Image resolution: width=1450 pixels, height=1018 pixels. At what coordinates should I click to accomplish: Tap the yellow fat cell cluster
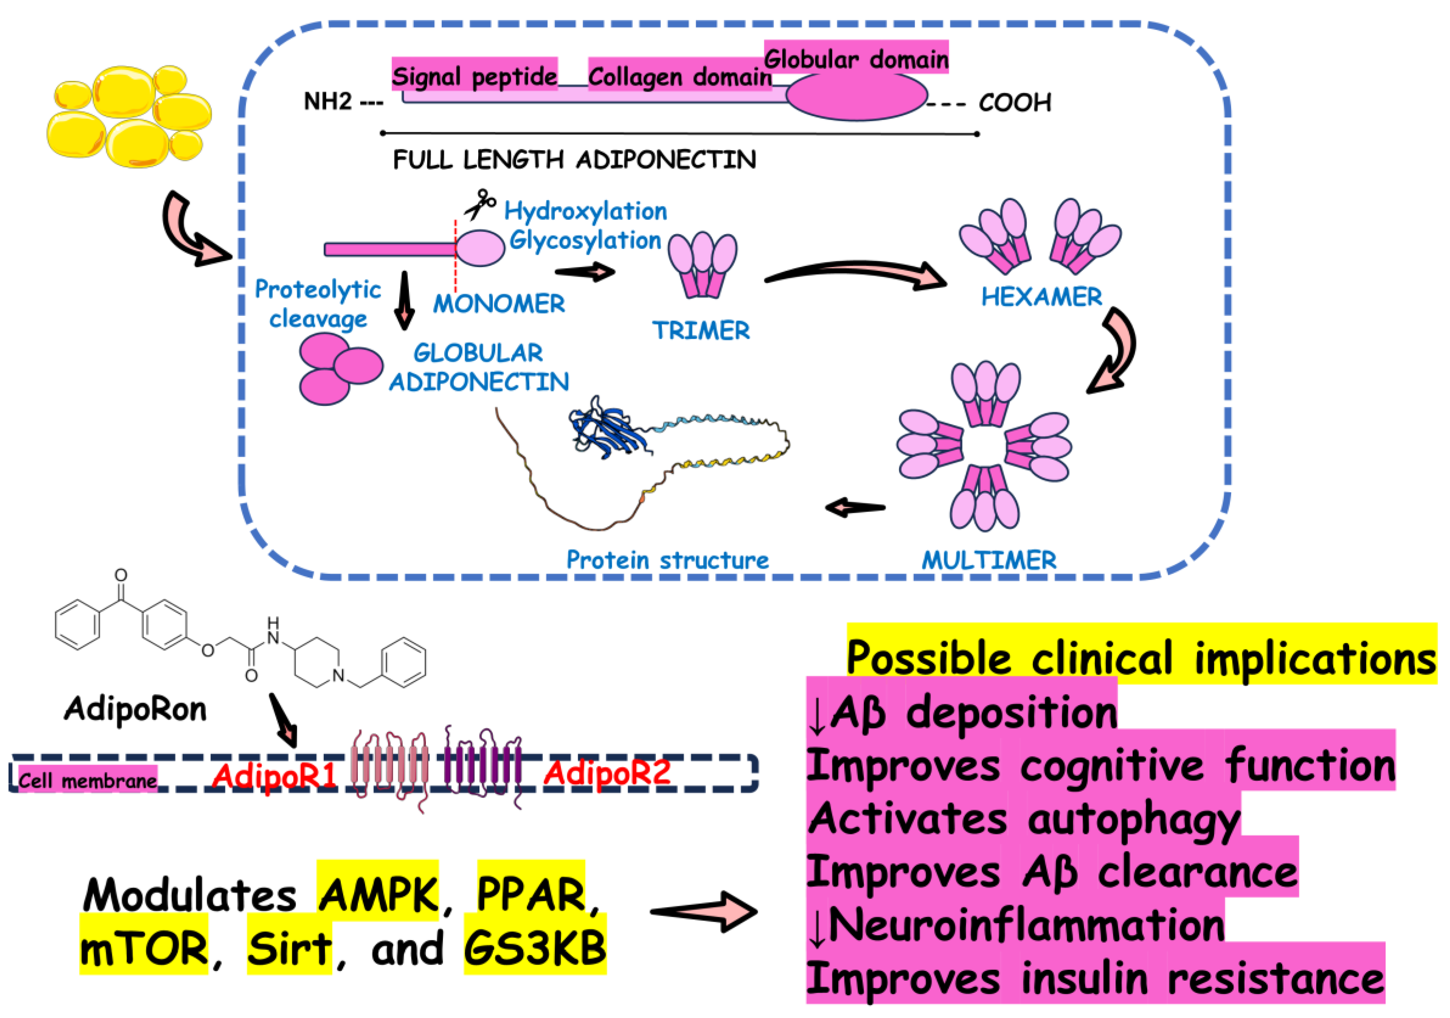(129, 116)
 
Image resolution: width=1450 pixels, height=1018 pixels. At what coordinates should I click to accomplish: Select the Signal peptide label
(474, 76)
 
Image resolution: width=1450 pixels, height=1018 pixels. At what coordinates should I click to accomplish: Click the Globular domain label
(856, 59)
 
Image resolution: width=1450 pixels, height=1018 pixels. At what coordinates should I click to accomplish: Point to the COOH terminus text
(1014, 102)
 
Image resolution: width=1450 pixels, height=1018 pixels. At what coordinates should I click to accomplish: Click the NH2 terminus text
(328, 101)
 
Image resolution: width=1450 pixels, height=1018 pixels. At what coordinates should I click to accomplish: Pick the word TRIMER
(701, 330)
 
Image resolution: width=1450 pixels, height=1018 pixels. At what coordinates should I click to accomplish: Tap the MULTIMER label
(988, 560)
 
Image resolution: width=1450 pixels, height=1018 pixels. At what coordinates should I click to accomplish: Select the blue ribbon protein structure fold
(606, 430)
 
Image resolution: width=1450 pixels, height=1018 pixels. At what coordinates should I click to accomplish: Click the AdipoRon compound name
(135, 708)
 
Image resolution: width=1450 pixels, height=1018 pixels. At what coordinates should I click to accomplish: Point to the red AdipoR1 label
(274, 774)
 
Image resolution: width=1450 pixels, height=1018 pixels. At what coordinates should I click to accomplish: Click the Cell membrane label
(87, 781)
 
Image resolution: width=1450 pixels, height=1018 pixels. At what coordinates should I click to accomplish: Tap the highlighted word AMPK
(378, 894)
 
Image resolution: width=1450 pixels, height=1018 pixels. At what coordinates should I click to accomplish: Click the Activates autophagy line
(1023, 819)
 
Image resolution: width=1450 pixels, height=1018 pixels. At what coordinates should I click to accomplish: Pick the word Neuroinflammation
(1026, 924)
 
